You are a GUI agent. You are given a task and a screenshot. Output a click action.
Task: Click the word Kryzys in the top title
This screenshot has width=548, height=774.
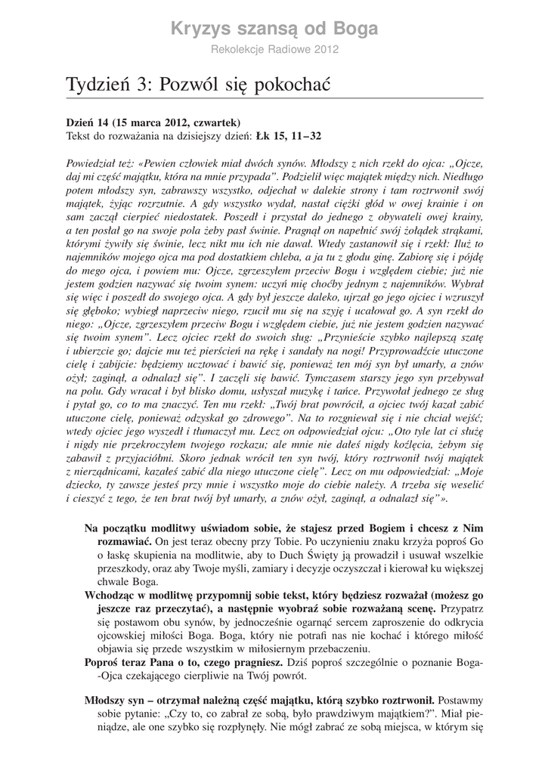tap(199, 29)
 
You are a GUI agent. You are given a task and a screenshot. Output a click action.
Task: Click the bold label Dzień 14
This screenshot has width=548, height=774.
tap(88, 122)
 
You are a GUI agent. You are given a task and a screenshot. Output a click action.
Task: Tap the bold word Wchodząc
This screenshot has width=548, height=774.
tap(109, 596)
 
